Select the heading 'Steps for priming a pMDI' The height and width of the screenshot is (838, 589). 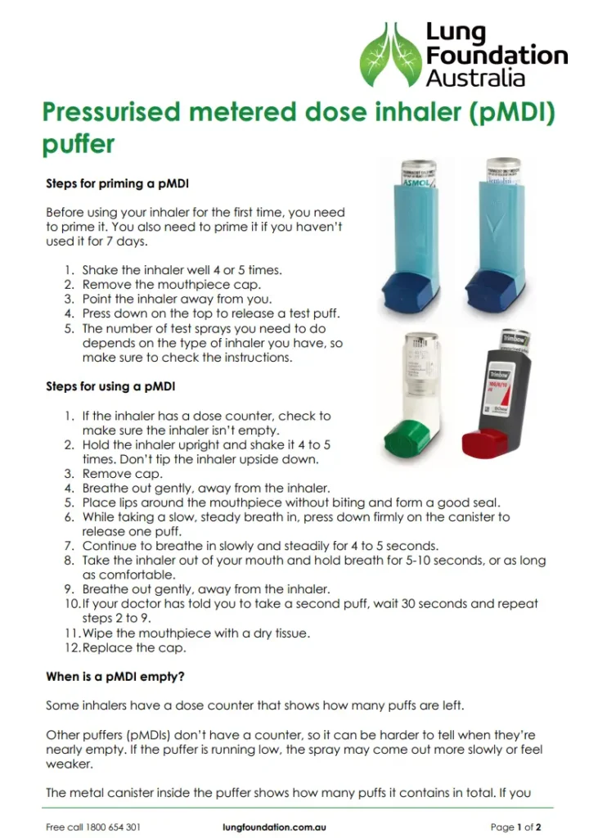coord(117,184)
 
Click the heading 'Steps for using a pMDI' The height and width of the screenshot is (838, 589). coord(110,385)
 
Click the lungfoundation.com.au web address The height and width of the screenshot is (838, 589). coord(274,827)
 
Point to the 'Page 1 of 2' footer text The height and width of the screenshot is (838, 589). coord(515,827)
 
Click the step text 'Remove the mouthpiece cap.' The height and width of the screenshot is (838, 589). coord(171,284)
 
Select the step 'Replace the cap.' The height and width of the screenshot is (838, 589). coord(134,648)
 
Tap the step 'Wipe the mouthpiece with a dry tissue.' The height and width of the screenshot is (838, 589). coord(196,633)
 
